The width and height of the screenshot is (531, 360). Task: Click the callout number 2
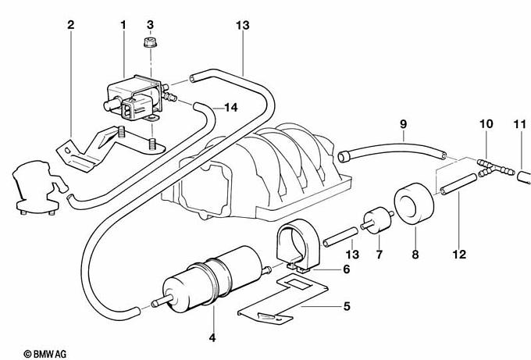[70, 25]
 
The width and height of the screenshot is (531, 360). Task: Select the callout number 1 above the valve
[123, 25]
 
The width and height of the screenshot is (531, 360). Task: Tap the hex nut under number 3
[150, 43]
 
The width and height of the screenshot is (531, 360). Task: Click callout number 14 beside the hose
[231, 108]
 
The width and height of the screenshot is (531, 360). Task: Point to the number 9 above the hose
[403, 124]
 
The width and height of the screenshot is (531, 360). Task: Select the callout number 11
[520, 124]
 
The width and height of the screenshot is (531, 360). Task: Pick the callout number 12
[459, 254]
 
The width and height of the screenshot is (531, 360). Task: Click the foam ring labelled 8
[415, 205]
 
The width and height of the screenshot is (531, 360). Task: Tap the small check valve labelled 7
[377, 220]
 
